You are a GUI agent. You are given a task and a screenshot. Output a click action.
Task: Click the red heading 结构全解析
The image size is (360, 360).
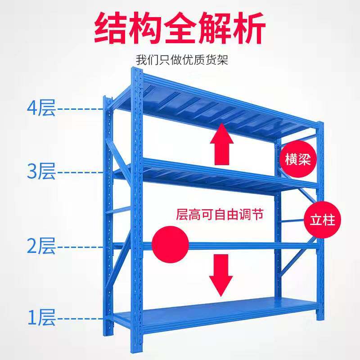click(180, 28)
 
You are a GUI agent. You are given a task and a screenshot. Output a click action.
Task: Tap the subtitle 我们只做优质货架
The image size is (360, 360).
click(182, 59)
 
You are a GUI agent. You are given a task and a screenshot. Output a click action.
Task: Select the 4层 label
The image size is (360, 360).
click(41, 108)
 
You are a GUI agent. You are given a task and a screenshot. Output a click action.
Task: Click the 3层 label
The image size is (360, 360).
click(41, 171)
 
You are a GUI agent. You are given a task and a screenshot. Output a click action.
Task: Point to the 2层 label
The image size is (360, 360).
click(41, 246)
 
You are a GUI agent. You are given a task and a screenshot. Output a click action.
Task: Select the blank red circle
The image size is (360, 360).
click(170, 245)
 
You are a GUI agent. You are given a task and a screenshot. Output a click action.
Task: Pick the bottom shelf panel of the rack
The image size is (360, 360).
click(216, 310)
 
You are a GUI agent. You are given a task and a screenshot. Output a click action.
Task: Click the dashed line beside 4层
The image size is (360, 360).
click(81, 108)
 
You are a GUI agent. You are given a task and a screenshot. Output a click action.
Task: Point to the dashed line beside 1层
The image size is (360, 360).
click(81, 319)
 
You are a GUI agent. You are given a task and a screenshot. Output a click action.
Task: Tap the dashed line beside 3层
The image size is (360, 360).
click(81, 172)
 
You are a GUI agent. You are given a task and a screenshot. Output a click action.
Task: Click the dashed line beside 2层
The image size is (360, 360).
click(81, 247)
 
